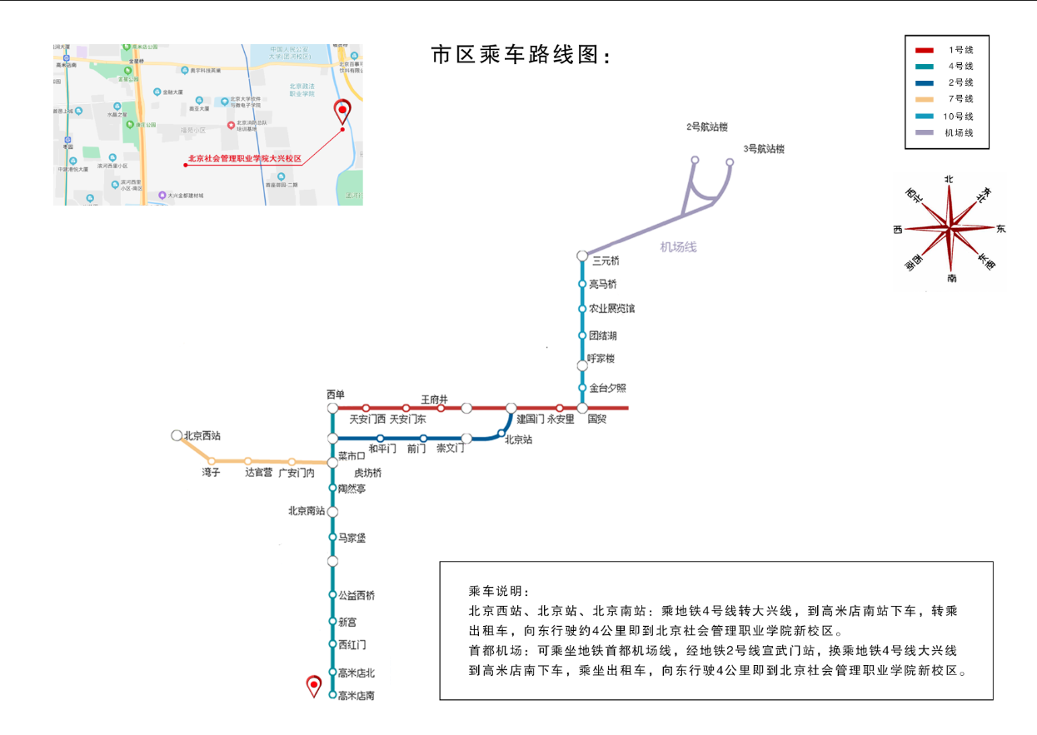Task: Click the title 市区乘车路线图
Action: coord(521,56)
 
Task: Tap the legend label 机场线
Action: coord(959,133)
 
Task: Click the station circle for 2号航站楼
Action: coord(695,160)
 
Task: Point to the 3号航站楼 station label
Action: coord(764,149)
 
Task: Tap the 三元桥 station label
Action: coord(605,261)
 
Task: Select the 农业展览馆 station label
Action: coord(611,309)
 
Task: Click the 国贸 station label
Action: coord(596,420)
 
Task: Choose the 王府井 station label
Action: coord(434,400)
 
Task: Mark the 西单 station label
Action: coord(335,395)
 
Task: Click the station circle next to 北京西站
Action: coord(177,435)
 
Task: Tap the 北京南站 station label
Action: coord(306,511)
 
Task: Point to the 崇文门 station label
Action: coord(450,449)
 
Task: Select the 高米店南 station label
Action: coord(356,696)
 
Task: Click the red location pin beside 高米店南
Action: coord(314,685)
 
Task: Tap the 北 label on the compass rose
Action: coord(949,179)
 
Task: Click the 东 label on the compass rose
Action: coord(1000,229)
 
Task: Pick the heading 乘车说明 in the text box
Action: coord(498,591)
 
